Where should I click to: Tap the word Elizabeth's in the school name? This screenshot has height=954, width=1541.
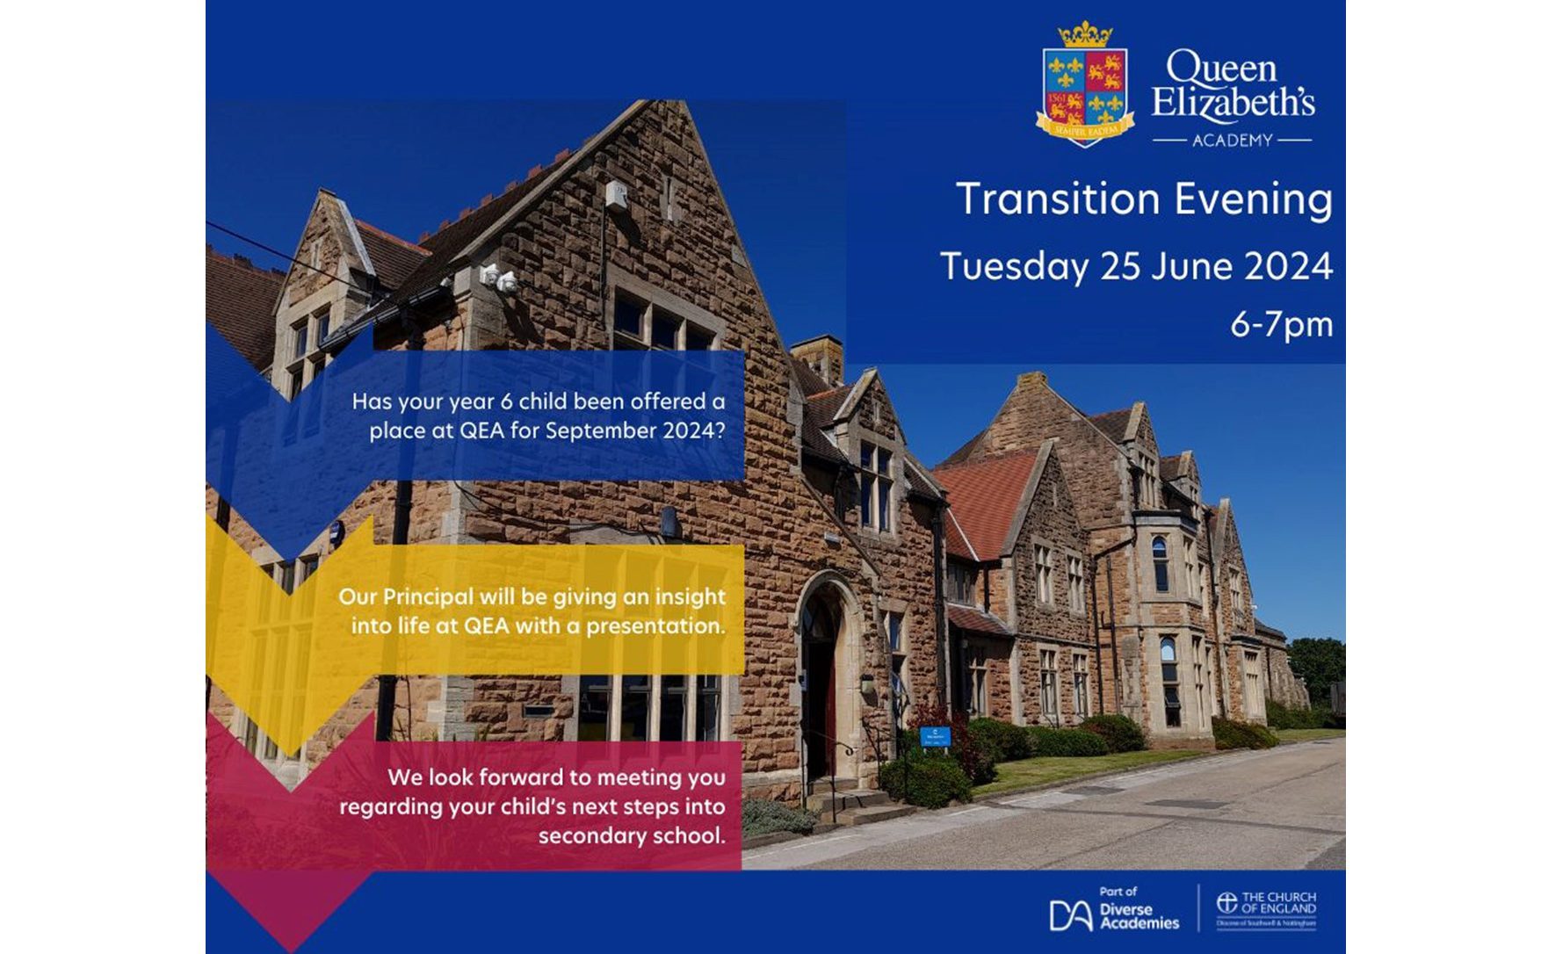click(x=1233, y=104)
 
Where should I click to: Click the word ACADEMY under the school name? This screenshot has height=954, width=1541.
click(x=1232, y=141)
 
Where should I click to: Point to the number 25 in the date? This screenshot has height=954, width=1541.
click(x=1120, y=266)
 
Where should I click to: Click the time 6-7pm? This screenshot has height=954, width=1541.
click(x=1281, y=324)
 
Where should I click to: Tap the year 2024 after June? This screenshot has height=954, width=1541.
click(x=1289, y=266)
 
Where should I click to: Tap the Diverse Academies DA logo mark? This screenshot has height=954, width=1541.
click(x=1070, y=915)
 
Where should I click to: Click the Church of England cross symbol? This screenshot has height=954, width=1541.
click(x=1226, y=903)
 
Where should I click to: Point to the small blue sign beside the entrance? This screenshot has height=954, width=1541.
click(x=935, y=736)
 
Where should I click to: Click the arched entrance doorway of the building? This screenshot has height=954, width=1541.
click(x=821, y=676)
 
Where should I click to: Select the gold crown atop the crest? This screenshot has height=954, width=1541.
click(x=1085, y=34)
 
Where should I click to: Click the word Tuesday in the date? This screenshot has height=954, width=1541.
click(x=1014, y=266)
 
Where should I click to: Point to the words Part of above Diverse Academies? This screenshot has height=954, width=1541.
click(x=1118, y=891)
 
